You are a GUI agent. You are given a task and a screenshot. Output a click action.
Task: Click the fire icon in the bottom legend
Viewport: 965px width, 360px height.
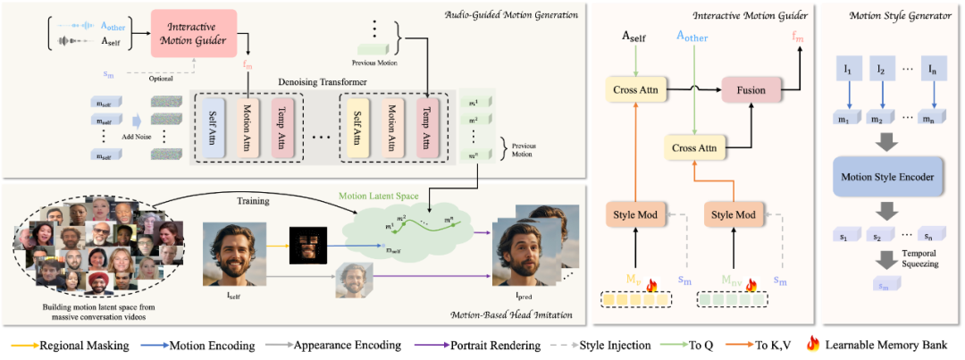tap(813, 344)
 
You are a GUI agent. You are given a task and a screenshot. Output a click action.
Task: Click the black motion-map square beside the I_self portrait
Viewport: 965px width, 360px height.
tap(305, 244)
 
